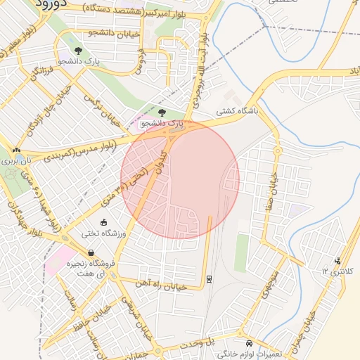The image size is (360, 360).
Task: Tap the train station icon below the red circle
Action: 209,278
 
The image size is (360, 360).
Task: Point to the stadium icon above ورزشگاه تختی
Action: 104,223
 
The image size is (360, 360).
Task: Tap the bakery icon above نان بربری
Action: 15,150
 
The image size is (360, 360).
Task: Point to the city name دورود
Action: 49,4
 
